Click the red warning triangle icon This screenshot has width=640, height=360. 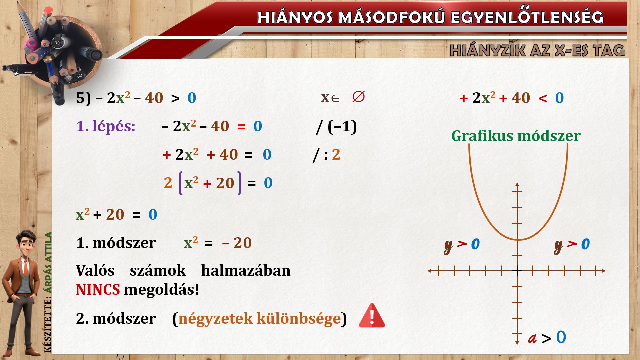pyautogui.click(x=372, y=316)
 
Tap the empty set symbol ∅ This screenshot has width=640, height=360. pyautogui.click(x=358, y=97)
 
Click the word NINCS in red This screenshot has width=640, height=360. pyautogui.click(x=98, y=289)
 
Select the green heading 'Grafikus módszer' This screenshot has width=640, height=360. pyautogui.click(x=516, y=136)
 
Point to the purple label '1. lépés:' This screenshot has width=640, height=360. pyautogui.click(x=106, y=126)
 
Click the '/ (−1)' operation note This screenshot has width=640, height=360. pyautogui.click(x=336, y=127)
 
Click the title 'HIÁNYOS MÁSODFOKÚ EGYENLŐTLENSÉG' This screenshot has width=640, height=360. pyautogui.click(x=430, y=17)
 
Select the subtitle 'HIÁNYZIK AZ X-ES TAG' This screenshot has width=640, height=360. pyautogui.click(x=537, y=50)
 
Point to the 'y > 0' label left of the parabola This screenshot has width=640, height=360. pyautogui.click(x=462, y=245)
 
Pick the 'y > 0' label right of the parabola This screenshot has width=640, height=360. pyautogui.click(x=572, y=245)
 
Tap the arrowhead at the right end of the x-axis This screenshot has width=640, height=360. pyautogui.click(x=603, y=271)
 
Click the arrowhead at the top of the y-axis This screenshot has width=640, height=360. pyautogui.click(x=517, y=184)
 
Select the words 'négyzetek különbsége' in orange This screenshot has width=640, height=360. pyautogui.click(x=259, y=319)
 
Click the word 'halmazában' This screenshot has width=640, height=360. pyautogui.click(x=246, y=270)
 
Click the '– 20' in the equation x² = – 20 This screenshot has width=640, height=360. pyautogui.click(x=237, y=243)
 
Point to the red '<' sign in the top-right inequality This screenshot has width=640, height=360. pyautogui.click(x=543, y=98)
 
